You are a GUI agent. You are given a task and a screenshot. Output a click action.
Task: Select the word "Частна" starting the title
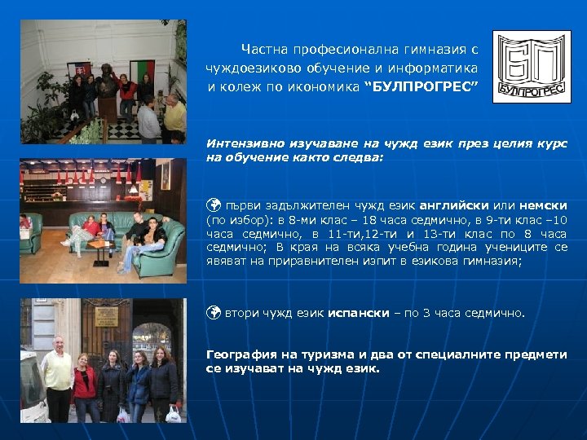click(261, 48)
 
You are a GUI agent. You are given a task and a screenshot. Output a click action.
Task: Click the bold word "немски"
click(546, 205)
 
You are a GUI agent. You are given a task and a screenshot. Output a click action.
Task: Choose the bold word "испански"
click(355, 313)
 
